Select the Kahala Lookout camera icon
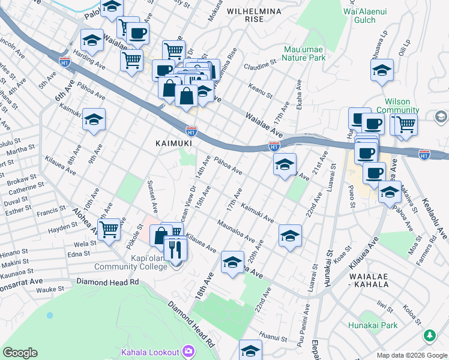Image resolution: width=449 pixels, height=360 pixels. [188, 351]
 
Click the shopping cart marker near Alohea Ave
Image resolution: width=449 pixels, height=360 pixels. [109, 229]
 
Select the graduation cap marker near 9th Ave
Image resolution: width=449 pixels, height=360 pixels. [94, 121]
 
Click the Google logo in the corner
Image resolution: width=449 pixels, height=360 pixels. [20, 352]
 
